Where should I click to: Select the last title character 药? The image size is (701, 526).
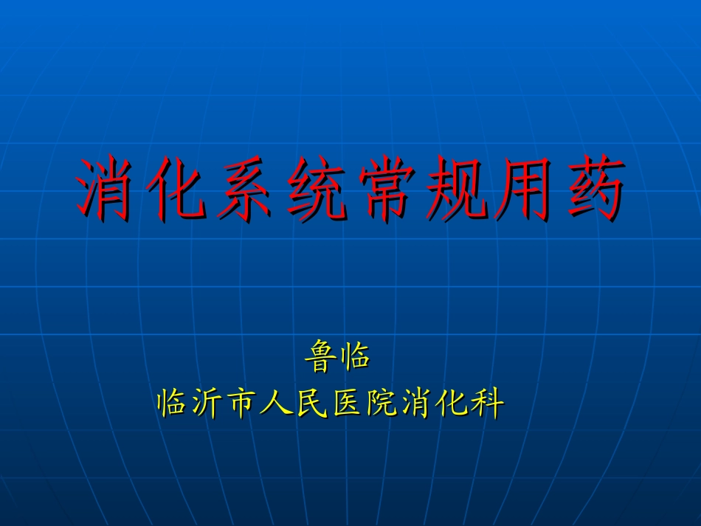click(596, 189)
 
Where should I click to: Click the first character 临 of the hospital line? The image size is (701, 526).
click(174, 404)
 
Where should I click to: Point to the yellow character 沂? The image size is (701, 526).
click(209, 404)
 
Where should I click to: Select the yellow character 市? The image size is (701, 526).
click(244, 404)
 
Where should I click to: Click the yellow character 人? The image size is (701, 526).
click(278, 404)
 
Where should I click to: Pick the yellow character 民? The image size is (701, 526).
click(313, 404)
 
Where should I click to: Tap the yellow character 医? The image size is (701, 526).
click(348, 404)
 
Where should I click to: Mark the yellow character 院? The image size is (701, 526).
click(382, 404)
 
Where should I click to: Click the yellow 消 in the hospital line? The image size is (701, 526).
click(417, 404)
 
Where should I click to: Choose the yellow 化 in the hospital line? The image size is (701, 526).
click(452, 404)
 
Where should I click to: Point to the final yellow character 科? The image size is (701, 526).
click(487, 404)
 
